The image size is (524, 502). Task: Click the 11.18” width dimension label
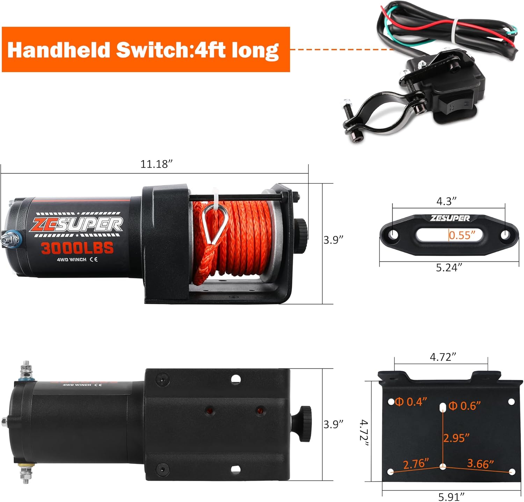[157, 164]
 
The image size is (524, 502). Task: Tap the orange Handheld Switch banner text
[143, 50]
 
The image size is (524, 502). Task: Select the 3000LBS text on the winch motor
[77, 248]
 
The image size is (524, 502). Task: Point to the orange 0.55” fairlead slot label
[462, 235]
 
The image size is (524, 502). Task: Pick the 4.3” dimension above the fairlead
[446, 201]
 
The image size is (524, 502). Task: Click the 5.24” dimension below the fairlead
[449, 268]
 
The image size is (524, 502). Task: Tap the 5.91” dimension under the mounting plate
[451, 496]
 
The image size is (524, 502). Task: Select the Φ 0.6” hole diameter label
[465, 406]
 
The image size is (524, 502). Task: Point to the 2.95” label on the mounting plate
[456, 438]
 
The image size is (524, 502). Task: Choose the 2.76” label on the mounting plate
[416, 464]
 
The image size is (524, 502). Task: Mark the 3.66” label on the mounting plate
[481, 464]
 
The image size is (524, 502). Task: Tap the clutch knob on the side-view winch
[300, 229]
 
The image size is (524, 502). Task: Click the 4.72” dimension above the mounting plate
[443, 357]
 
